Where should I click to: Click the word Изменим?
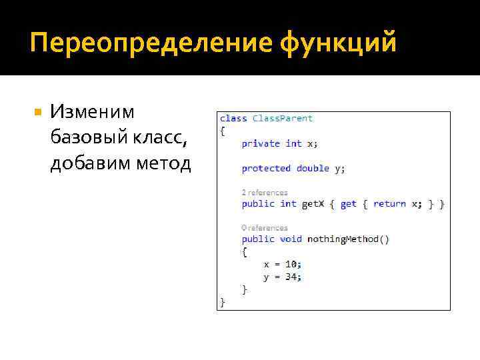coord(92,112)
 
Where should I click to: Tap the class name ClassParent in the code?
coord(282,118)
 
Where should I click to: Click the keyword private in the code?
coord(261,143)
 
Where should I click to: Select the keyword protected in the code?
coord(266,169)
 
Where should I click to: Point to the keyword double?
coord(313,169)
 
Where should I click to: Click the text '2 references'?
coord(265,193)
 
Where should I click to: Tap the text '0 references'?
coord(265,227)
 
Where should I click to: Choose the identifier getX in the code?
coord(313,204)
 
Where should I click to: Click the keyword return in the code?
coord(389,204)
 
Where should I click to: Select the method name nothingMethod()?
coord(348,239)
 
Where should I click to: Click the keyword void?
coord(291,239)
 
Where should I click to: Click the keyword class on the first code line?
coord(233,118)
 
